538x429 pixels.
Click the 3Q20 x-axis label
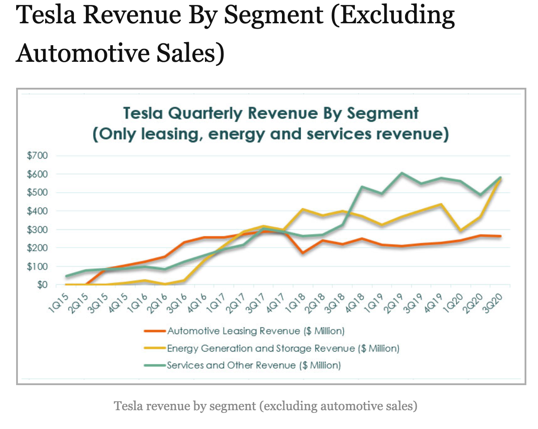[493, 300]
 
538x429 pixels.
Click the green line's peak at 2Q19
[402, 173]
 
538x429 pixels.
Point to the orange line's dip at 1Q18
[303, 253]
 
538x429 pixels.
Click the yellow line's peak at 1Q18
[303, 209]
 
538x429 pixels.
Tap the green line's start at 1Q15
[66, 276]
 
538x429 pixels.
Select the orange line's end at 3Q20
[500, 236]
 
